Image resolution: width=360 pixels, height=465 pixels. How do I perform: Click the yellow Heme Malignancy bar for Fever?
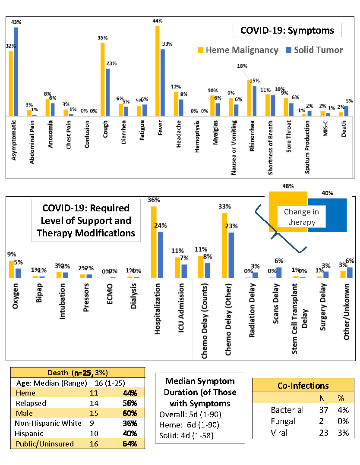click(x=158, y=71)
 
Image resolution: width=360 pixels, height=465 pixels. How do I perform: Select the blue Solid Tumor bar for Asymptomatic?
click(x=16, y=72)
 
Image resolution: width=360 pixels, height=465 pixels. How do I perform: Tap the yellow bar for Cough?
click(x=103, y=80)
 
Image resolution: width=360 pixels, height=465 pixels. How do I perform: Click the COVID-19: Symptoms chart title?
click(x=287, y=30)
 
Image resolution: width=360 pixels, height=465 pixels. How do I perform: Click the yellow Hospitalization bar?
click(x=153, y=242)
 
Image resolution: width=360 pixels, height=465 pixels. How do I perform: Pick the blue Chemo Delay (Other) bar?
click(x=231, y=255)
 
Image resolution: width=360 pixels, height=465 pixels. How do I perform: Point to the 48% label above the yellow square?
click(x=288, y=186)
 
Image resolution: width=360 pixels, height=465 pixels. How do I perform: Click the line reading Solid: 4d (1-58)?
click(x=186, y=436)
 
